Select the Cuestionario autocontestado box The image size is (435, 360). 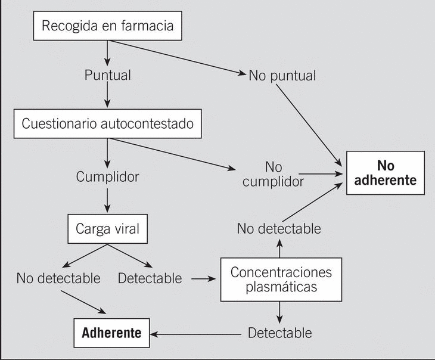[x=107, y=124]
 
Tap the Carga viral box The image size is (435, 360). [x=107, y=228]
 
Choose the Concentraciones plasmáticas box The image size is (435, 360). [x=281, y=279]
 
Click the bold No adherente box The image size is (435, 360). [x=385, y=173]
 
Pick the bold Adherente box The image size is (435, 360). [x=111, y=332]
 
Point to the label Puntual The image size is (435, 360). [x=107, y=76]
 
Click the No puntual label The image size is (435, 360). [x=282, y=76]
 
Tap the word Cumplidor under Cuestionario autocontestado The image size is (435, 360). [x=107, y=176]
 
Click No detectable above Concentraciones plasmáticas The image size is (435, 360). [x=278, y=228]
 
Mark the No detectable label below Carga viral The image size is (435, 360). [x=58, y=278]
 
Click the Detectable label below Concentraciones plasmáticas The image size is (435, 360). [x=279, y=332]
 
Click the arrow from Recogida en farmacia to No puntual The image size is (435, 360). [x=179, y=57]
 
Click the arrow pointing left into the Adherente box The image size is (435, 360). [x=197, y=332]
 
